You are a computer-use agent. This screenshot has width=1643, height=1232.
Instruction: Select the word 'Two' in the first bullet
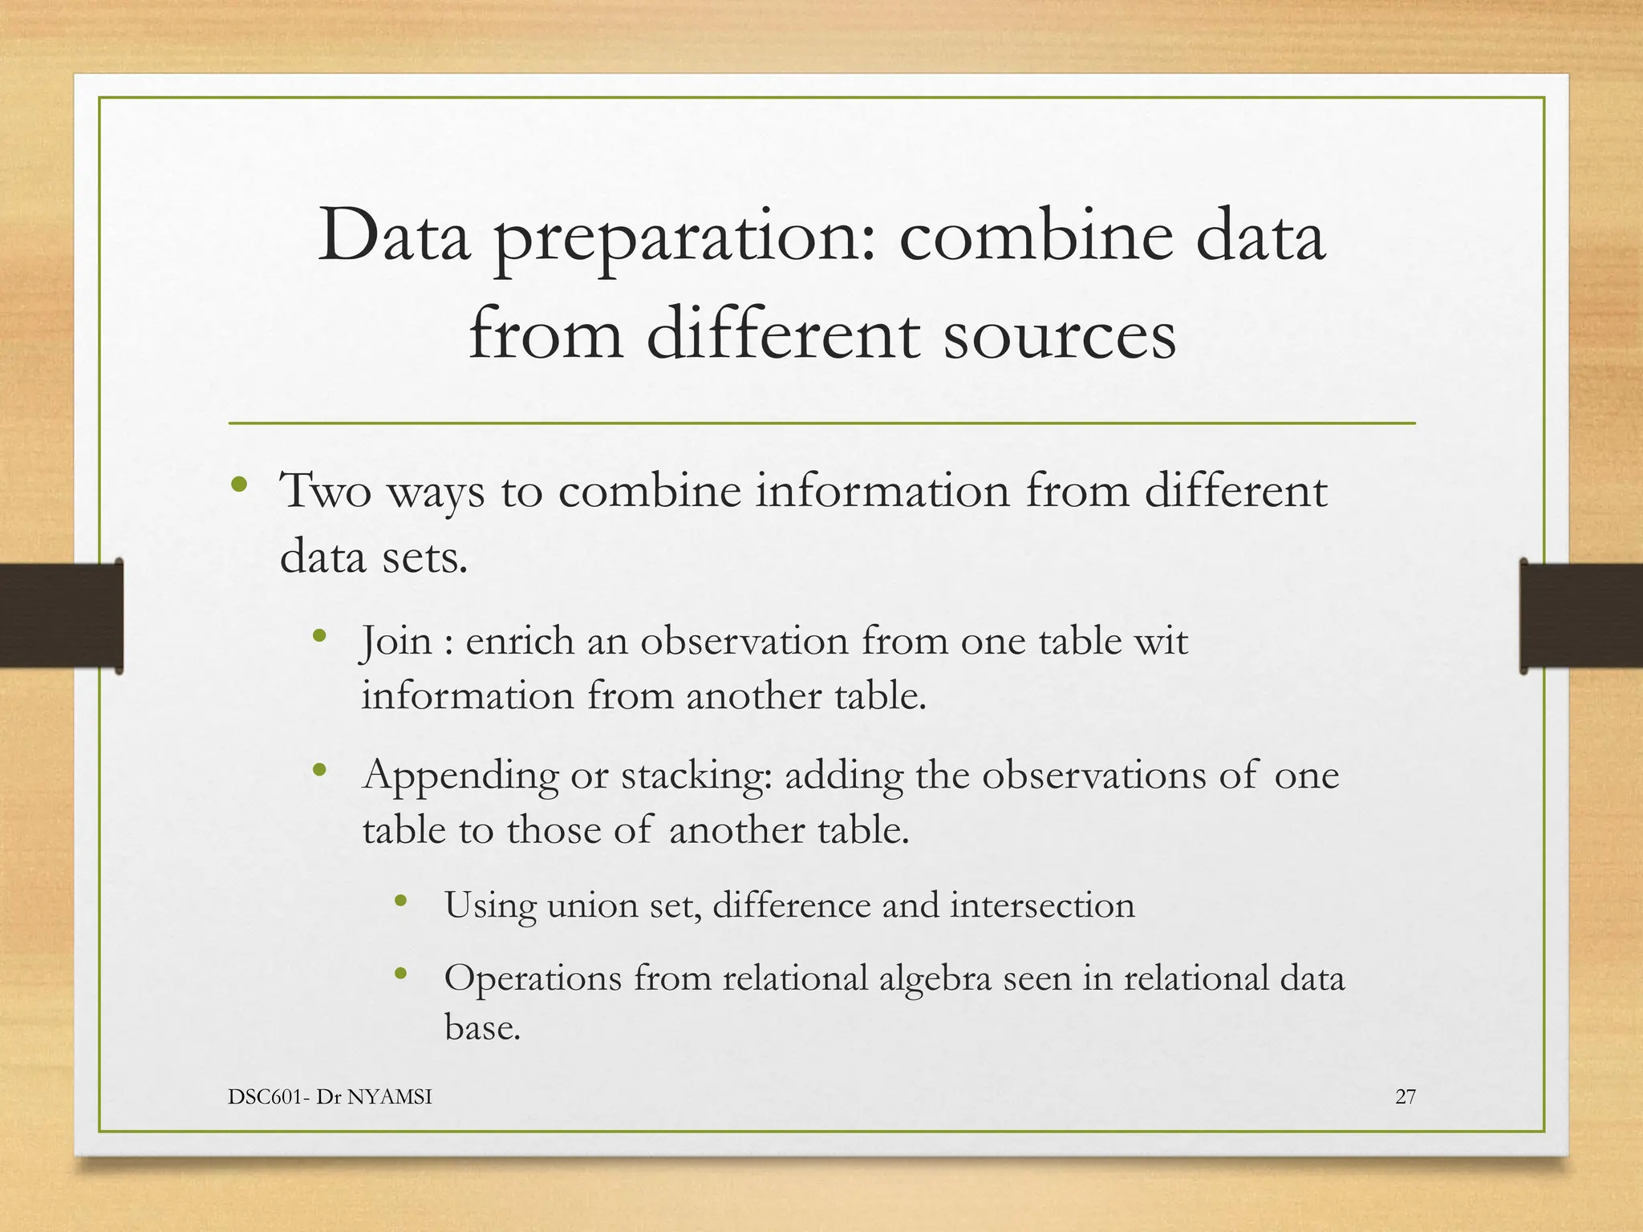click(325, 491)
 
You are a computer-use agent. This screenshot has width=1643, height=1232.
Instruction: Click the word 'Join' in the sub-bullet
click(397, 642)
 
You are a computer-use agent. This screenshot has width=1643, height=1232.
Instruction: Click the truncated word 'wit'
click(1161, 642)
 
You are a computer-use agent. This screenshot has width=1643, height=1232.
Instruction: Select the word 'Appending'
click(460, 776)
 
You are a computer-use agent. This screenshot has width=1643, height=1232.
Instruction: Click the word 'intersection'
click(1042, 906)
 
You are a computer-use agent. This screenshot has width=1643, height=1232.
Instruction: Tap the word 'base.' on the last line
click(482, 1027)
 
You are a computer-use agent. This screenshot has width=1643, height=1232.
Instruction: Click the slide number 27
click(1406, 1096)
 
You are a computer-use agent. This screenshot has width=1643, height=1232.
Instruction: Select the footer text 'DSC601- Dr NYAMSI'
click(330, 1096)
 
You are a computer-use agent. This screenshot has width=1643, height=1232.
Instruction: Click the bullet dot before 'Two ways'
click(239, 484)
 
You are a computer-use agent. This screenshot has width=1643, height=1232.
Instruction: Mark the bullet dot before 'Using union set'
click(401, 902)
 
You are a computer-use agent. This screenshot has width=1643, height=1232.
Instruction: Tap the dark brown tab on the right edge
click(1580, 615)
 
